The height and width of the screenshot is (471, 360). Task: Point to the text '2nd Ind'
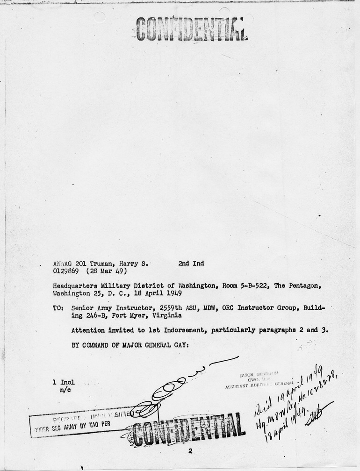tap(191, 264)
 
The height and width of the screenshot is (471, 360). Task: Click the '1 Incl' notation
tap(64, 382)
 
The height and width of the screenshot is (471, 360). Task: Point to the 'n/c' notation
tap(65, 390)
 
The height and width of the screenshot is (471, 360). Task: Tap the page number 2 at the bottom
tap(190, 451)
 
